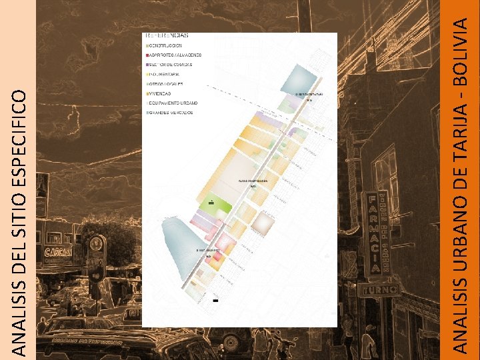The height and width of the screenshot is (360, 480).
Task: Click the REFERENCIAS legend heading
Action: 167,34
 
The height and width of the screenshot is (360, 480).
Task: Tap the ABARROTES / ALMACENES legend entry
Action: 175,55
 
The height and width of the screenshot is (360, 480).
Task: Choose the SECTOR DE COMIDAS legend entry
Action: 171,65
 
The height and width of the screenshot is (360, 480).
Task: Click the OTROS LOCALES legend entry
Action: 167,85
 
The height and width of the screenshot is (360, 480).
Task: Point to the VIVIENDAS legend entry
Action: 161,94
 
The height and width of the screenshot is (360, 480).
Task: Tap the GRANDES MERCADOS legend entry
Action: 171,113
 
